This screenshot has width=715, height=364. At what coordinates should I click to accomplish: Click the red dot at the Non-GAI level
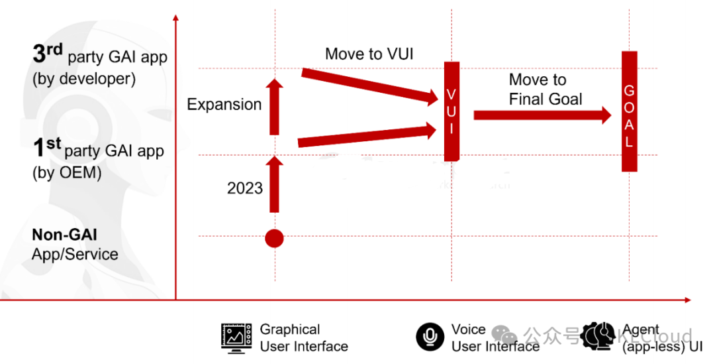point(274,237)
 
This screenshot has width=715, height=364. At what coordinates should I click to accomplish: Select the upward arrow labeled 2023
point(274,184)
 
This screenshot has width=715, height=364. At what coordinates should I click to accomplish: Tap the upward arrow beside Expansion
point(274,106)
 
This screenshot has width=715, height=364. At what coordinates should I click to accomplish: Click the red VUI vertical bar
point(452,111)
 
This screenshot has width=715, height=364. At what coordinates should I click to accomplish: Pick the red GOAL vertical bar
point(629,111)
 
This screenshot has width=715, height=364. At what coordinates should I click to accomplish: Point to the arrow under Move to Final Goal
point(542,115)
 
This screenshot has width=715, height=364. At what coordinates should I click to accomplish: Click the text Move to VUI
point(369,54)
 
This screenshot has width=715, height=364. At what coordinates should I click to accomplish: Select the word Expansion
point(224,105)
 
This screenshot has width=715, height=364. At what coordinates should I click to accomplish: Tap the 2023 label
point(244,188)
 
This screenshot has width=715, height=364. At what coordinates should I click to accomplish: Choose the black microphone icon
point(430,337)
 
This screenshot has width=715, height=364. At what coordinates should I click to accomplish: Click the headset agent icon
point(599,336)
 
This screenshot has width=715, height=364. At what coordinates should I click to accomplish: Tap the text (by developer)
point(83,79)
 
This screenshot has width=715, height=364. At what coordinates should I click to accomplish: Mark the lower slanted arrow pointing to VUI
point(367,136)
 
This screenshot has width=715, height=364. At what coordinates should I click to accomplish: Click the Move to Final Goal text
point(545,90)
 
